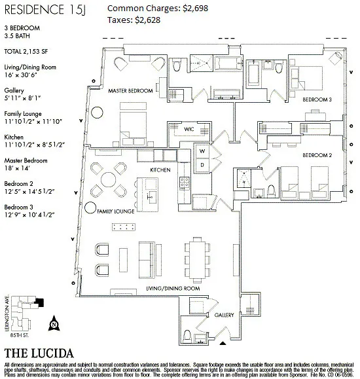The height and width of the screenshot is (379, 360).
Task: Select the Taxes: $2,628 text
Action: pyautogui.click(x=134, y=20)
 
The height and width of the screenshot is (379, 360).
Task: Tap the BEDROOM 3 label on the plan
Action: pyautogui.click(x=317, y=99)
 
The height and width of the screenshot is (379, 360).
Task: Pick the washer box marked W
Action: pyautogui.click(x=203, y=151)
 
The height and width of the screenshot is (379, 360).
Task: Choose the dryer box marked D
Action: pyautogui.click(x=203, y=164)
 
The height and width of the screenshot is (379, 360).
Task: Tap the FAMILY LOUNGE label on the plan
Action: pyautogui.click(x=115, y=212)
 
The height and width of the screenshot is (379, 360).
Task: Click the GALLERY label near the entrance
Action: pyautogui.click(x=224, y=315)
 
